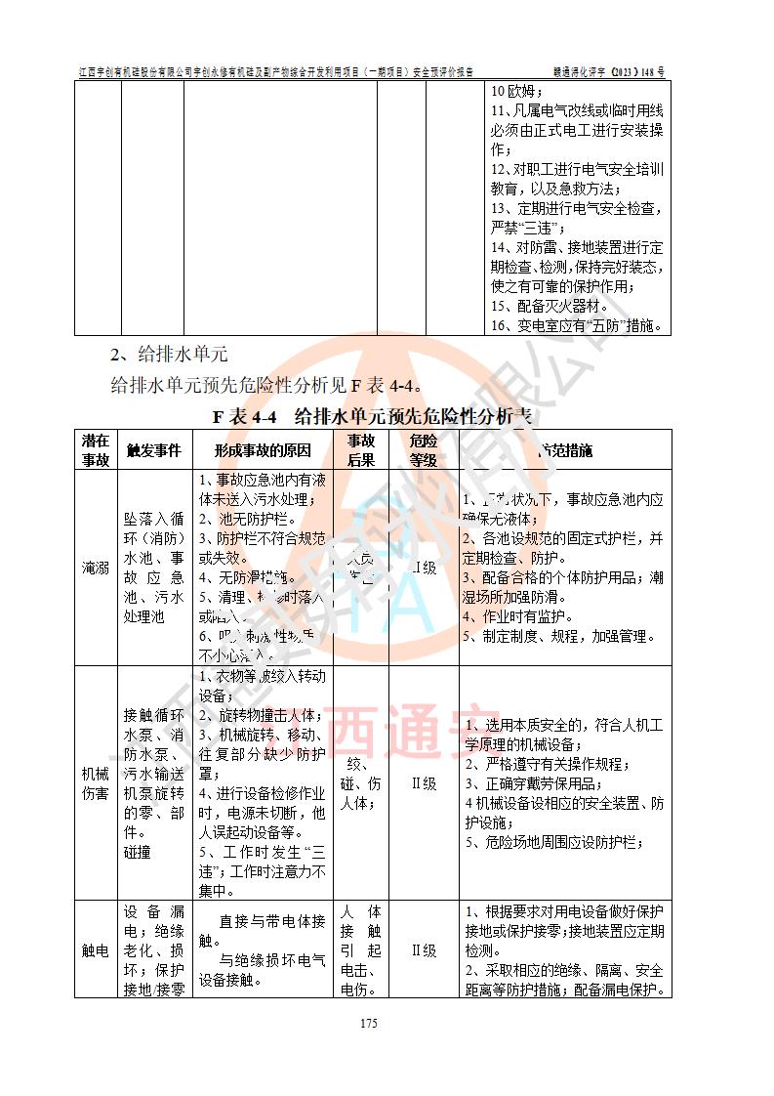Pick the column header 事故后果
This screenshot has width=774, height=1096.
pyautogui.click(x=361, y=450)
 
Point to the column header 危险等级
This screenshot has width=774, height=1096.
pyautogui.click(x=424, y=450)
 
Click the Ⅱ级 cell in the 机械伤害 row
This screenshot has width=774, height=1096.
pyautogui.click(x=424, y=782)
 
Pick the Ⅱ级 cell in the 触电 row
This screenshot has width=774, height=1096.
pyautogui.click(x=424, y=949)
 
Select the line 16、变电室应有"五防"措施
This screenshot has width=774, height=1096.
pyautogui.click(x=576, y=325)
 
